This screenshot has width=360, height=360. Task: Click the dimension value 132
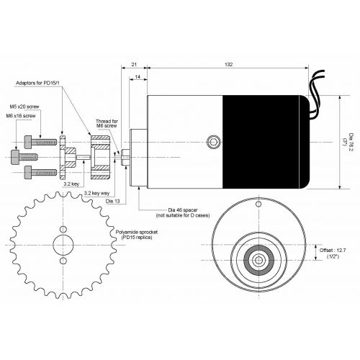pos(228,64)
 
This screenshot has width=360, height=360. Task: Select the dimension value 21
pos(134,64)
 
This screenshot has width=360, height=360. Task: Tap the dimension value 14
pos(138,77)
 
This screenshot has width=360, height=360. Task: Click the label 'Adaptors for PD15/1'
pos(37,83)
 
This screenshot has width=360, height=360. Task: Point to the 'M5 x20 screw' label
pos(24,107)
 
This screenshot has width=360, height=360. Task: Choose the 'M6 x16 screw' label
pos(21,116)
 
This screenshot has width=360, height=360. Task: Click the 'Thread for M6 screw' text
pos(107,123)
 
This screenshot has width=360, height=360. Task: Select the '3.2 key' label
pos(71,184)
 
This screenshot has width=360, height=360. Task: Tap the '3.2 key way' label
pos(96,193)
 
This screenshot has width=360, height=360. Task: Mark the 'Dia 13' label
pos(112,201)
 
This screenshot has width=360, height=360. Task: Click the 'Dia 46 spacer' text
pos(183,210)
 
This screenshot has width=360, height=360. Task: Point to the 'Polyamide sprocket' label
pos(137,232)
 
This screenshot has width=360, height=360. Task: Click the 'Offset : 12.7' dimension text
pos(333,250)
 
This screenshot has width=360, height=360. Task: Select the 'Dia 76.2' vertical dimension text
pos(351,142)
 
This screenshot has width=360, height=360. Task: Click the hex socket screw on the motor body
pos(213,142)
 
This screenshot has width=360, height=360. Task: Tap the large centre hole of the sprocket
pos(63,245)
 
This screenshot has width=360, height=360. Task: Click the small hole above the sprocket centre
pos(63,229)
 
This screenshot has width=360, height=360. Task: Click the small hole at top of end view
pos(258,204)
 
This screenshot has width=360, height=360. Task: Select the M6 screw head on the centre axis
pos(15,157)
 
